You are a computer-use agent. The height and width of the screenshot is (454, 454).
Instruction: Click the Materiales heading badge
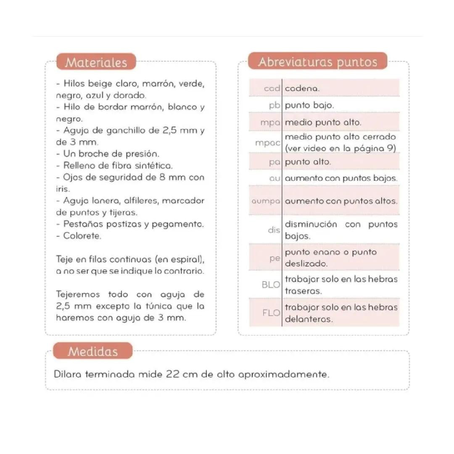(96, 62)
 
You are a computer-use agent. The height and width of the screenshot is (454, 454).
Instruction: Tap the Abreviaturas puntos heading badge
(317, 62)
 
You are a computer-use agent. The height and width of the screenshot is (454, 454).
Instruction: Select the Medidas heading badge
(92, 351)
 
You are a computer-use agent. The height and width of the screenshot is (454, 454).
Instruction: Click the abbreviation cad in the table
(272, 89)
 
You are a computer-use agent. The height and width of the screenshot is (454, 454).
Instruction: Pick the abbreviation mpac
(267, 143)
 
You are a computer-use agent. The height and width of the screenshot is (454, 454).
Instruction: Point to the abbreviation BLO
(271, 285)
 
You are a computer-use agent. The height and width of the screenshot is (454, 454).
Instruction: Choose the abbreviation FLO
(271, 313)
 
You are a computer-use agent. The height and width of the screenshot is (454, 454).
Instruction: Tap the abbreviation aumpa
(266, 201)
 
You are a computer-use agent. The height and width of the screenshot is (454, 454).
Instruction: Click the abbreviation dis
(274, 230)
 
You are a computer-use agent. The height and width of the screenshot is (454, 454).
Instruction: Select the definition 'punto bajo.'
(309, 105)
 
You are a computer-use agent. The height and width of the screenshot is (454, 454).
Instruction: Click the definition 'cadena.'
(302, 89)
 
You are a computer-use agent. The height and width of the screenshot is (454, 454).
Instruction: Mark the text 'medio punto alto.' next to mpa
(323, 123)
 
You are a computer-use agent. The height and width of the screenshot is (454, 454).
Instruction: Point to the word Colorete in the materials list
(82, 236)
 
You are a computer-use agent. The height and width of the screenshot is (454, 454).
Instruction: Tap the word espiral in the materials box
(183, 259)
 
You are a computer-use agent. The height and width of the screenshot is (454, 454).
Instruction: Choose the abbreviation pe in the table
(275, 258)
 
